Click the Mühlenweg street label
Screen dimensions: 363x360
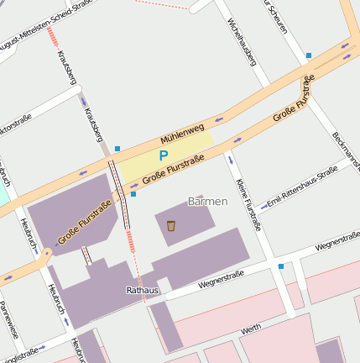[x=182, y=135]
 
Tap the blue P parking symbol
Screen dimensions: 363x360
[x=164, y=155]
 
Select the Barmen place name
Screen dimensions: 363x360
[x=207, y=202]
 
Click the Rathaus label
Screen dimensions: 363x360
[x=142, y=290]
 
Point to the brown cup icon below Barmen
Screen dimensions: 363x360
[x=171, y=225]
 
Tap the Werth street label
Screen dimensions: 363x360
[x=250, y=329]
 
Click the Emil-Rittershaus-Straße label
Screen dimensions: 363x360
[x=301, y=187]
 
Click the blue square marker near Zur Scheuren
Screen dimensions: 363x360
[x=309, y=55]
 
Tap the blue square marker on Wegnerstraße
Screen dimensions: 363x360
[x=280, y=266]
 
